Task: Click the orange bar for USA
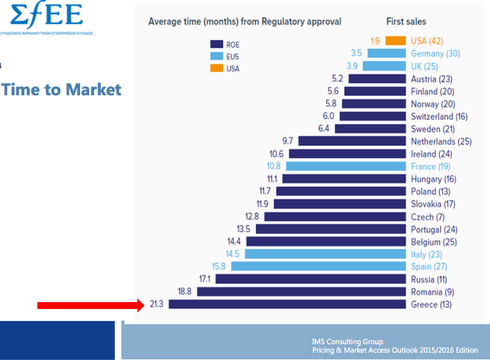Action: tap(395, 41)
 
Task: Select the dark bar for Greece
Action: tap(287, 304)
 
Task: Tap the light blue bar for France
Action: tap(345, 166)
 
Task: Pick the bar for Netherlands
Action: tap(352, 141)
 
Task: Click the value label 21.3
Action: tap(157, 304)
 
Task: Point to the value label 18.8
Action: tap(185, 291)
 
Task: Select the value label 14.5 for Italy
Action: tap(233, 254)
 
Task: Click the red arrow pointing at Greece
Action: tap(91, 305)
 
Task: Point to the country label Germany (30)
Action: tap(435, 53)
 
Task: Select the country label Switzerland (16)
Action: tap(439, 116)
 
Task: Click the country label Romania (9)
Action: tap(431, 291)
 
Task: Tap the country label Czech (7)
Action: tap(427, 217)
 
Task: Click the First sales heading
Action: tap(406, 22)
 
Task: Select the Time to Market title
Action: tap(61, 90)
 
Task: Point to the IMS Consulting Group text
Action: tap(347, 342)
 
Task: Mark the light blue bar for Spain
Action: tap(318, 267)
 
